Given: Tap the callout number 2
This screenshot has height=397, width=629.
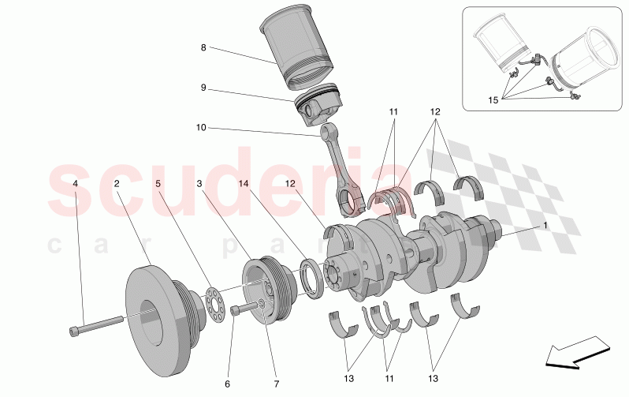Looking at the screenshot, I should [117, 183].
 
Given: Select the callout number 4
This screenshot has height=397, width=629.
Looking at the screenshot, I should [76, 183].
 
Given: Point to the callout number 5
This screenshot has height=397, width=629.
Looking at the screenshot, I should [158, 183].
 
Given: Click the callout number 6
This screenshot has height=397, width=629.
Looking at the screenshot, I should [227, 384].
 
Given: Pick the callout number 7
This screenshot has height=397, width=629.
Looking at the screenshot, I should [276, 384].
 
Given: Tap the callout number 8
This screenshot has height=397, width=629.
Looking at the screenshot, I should [203, 47].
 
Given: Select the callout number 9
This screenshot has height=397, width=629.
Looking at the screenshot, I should [203, 88].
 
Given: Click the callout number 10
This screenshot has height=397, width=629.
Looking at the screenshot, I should [200, 126].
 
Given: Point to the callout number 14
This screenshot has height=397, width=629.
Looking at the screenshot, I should [243, 183].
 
